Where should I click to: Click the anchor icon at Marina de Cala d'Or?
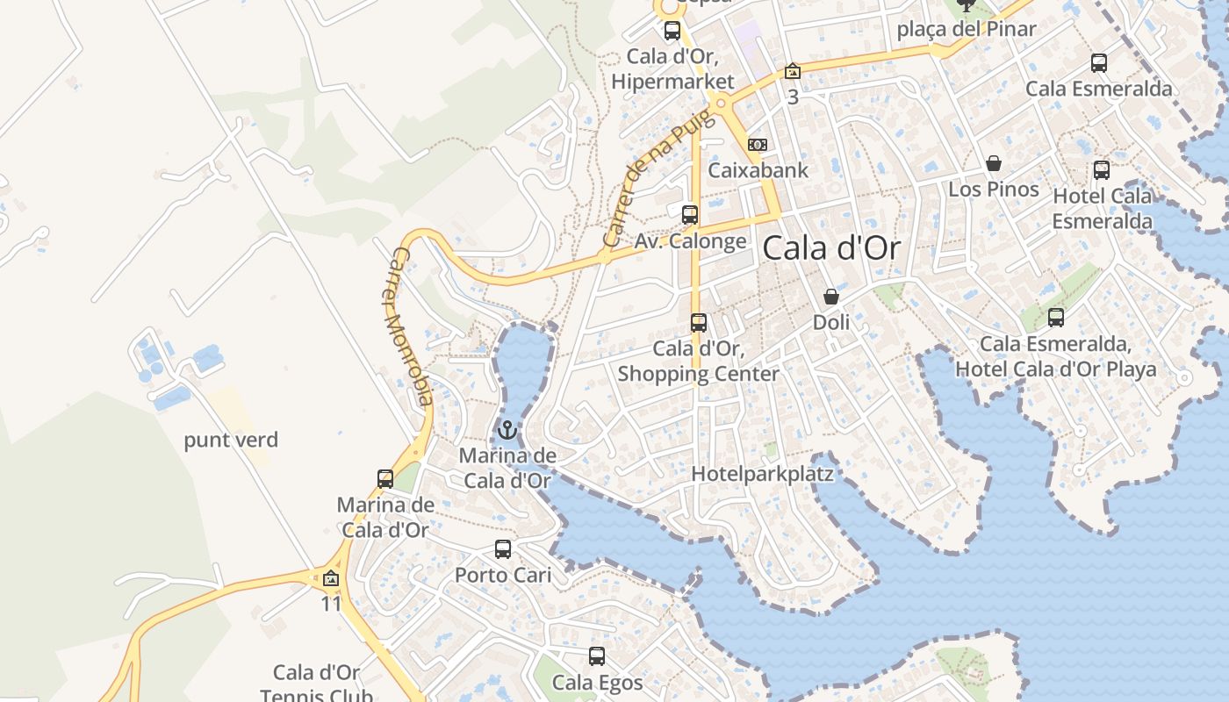coord(507,430)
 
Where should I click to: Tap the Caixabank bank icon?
coord(757,145)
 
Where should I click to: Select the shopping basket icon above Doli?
coord(830,297)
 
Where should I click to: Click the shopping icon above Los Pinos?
coord(994,163)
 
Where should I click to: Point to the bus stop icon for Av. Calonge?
coord(690,214)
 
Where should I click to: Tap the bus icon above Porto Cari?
coord(503,549)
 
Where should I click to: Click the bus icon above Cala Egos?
coord(597,655)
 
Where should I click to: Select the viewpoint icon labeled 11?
coord(331,579)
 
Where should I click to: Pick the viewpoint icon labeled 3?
coord(793,71)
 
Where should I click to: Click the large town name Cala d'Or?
coord(831,248)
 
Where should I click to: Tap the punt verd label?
coord(231,440)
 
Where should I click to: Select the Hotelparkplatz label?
coord(762,474)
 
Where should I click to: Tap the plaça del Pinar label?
coord(967,29)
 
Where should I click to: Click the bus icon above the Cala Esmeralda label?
coord(1099,63)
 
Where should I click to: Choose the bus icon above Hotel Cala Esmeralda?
coord(1102,170)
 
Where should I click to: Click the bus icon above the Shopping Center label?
coord(699,323)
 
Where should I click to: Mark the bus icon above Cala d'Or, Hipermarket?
coord(672,31)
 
